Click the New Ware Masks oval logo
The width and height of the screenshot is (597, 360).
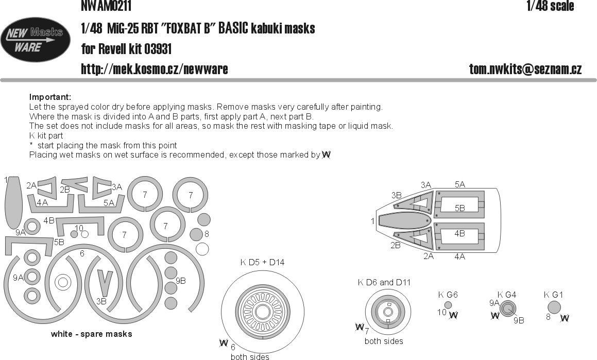coord(35,41)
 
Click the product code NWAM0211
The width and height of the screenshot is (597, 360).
coord(106,6)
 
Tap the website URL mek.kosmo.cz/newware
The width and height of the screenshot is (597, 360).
coord(155,70)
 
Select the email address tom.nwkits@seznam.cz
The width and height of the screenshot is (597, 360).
coord(525,70)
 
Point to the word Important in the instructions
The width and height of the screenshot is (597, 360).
coord(50,97)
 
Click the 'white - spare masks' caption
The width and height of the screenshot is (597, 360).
coord(91,334)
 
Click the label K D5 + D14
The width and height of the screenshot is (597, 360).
coord(262,262)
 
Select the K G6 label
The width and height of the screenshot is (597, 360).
coord(448,295)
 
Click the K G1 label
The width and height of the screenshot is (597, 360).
coord(553,295)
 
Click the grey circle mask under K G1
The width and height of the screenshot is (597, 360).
coord(553,307)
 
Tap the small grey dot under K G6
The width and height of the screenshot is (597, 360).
coord(448,305)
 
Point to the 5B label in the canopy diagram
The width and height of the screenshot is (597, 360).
coord(460,208)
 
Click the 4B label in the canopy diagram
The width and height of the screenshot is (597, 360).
coord(460,233)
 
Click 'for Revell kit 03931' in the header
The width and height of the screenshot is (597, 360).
coord(126,49)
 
